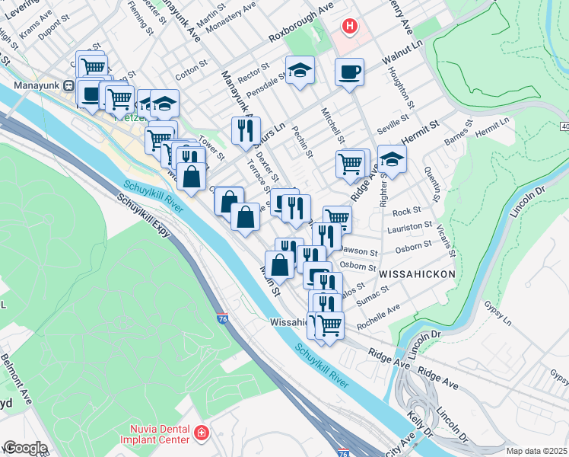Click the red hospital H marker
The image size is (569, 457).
349,27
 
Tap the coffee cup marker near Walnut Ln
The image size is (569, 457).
349,72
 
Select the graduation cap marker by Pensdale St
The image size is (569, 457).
300,70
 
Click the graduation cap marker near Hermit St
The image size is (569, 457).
392,159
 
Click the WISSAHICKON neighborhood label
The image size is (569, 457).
417,273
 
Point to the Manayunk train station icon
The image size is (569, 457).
68,86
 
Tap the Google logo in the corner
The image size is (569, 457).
25,448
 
